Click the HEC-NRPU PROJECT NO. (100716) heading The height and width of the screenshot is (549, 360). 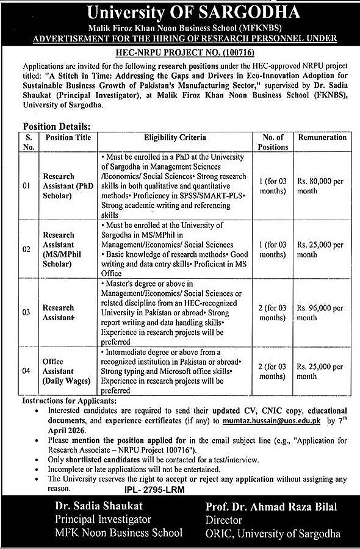click(x=180, y=53)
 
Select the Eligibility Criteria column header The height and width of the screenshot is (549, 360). click(x=175, y=138)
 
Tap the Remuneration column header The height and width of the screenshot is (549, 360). click(x=322, y=138)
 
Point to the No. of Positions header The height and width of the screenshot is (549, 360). click(x=273, y=142)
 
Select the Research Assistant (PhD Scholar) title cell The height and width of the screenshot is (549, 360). click(x=68, y=186)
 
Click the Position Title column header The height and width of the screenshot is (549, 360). click(x=68, y=138)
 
